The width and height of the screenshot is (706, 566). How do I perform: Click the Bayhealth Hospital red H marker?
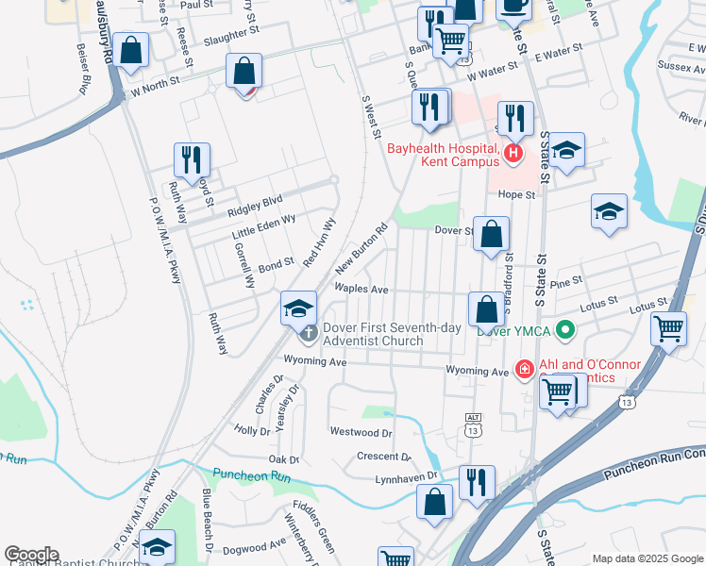pyautogui.click(x=513, y=152)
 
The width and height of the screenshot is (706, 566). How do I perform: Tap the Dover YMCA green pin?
pyautogui.click(x=565, y=329)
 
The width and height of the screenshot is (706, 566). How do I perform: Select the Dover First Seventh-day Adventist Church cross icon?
pyautogui.click(x=309, y=332)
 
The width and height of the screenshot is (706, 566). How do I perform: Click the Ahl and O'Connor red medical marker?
pyautogui.click(x=524, y=368)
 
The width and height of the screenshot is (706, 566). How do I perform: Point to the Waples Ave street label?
pyautogui.click(x=361, y=289)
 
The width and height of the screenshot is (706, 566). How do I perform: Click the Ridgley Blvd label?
pyautogui.click(x=258, y=201)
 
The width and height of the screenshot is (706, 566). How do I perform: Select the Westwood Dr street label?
pyautogui.click(x=361, y=432)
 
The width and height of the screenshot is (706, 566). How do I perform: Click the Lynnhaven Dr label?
pyautogui.click(x=408, y=476)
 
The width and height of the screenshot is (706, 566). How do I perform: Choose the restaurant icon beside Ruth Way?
pyautogui.click(x=190, y=160)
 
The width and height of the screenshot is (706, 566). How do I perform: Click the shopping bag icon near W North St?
pyautogui.click(x=244, y=72)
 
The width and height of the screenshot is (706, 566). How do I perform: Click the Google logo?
pyautogui.click(x=31, y=555)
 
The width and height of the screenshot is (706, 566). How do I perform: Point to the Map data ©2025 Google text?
pyautogui.click(x=647, y=558)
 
